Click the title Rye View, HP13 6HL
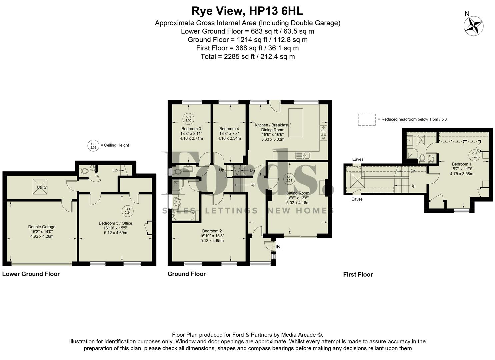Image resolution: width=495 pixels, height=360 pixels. pos(247,11)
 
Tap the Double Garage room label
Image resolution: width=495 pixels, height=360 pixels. pos(42,227)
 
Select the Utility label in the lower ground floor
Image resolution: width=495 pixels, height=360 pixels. pos(42,187)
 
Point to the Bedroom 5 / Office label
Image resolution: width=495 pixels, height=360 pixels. pos(115,223)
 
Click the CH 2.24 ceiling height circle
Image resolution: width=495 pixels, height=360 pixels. pos(128,211)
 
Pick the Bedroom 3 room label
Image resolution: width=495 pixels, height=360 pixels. pos(191,129)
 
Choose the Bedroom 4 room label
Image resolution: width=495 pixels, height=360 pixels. pos(229,129)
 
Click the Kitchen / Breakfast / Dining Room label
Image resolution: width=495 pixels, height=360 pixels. pos(272,127)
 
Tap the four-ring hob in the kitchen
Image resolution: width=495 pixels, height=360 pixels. pos(323,133)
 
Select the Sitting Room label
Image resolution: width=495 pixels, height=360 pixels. pos(298,193)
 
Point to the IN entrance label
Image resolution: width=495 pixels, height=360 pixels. pos(278,247)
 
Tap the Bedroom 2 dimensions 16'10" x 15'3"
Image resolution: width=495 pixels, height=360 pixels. pos(212,236)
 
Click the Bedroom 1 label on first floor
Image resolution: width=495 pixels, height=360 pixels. pos(461,164)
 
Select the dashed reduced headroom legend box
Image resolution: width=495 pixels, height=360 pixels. pos(367,120)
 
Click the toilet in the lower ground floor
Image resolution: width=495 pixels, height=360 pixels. pos(85,171)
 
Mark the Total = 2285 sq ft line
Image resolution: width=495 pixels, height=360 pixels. pos(247,56)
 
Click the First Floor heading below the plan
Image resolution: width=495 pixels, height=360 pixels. pos(358,275)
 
